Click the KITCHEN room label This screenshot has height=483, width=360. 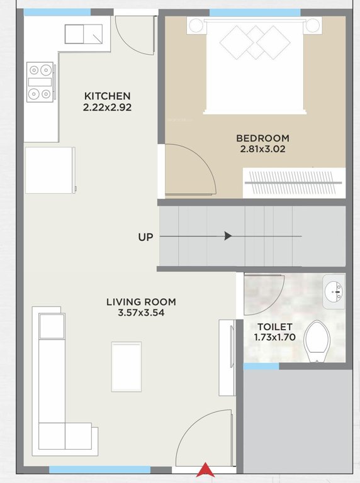108,96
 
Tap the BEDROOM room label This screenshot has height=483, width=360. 262,138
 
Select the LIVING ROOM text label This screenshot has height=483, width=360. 141,302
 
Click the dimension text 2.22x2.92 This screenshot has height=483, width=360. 108,108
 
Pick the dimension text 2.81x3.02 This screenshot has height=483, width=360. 262,150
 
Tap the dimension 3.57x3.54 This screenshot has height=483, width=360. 141,313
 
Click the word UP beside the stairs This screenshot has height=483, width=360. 146,237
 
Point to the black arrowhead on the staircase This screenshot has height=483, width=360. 228,236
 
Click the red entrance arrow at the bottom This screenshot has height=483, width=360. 205,470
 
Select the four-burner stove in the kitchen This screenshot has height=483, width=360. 39,82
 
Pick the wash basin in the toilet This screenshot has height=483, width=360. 334,291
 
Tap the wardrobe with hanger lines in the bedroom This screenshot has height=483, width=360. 294,182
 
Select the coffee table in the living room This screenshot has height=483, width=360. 127,366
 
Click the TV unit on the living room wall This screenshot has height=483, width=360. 226,357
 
